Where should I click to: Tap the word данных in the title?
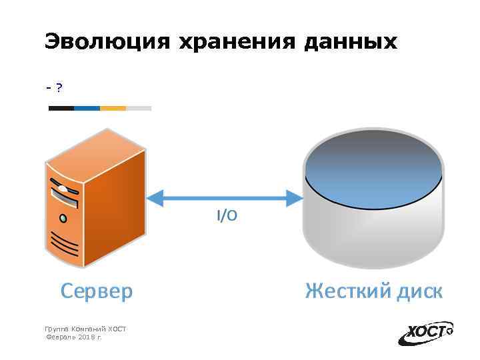click(350, 42)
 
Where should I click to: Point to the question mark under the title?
click(59, 88)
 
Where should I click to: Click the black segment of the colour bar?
click(61, 108)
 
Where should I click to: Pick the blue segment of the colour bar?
click(87, 108)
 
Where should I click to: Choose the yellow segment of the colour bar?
click(113, 108)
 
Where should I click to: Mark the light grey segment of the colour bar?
click(139, 108)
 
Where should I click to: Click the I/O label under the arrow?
click(227, 215)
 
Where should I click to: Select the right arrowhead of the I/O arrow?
click(294, 197)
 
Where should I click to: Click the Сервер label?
click(96, 291)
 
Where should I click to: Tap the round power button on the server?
click(63, 218)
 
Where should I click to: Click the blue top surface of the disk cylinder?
click(373, 167)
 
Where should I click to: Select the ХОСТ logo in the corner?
click(427, 333)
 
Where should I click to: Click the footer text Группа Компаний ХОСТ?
click(85, 329)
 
